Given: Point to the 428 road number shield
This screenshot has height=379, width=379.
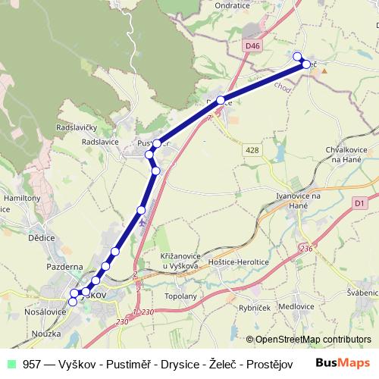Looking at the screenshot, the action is point(252,151).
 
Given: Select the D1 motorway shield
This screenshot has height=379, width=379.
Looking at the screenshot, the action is point(360,202).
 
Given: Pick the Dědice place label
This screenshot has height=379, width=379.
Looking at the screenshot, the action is point(41,237).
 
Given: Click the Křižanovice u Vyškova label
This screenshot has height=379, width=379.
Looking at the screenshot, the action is point(180,261).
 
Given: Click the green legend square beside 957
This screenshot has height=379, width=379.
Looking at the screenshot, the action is point(11,363).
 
